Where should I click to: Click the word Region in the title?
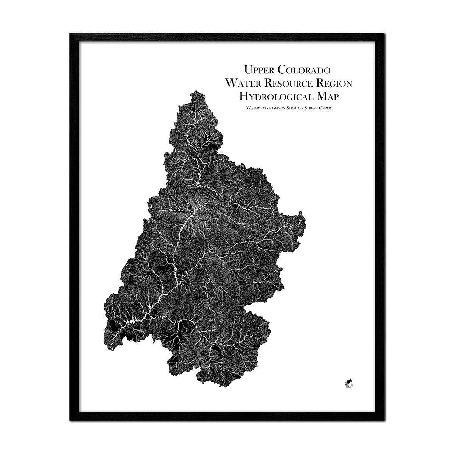point(338,83)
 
